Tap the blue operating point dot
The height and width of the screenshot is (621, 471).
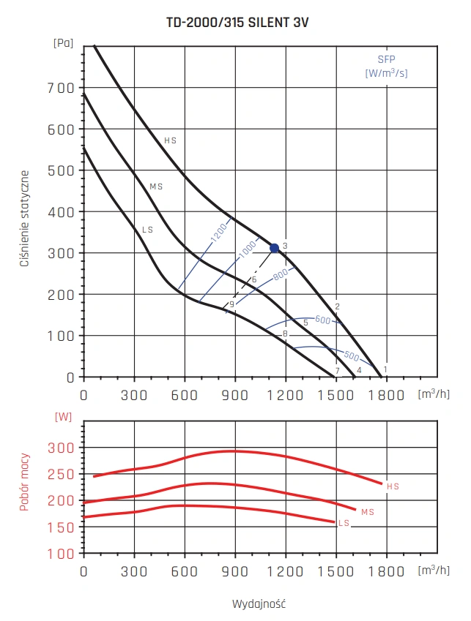click(x=275, y=248)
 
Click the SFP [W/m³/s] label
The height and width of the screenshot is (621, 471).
click(x=386, y=67)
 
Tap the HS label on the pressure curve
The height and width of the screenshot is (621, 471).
click(x=171, y=140)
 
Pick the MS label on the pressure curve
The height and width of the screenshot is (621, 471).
click(x=156, y=187)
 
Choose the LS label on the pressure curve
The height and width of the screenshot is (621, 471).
click(x=147, y=230)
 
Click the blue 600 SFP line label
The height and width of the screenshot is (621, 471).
click(x=323, y=320)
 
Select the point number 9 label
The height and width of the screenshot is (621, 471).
click(x=231, y=304)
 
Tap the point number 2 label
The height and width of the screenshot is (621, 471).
click(x=337, y=306)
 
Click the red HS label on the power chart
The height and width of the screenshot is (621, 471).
click(x=393, y=486)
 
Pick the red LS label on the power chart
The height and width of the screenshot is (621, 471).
click(x=344, y=523)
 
